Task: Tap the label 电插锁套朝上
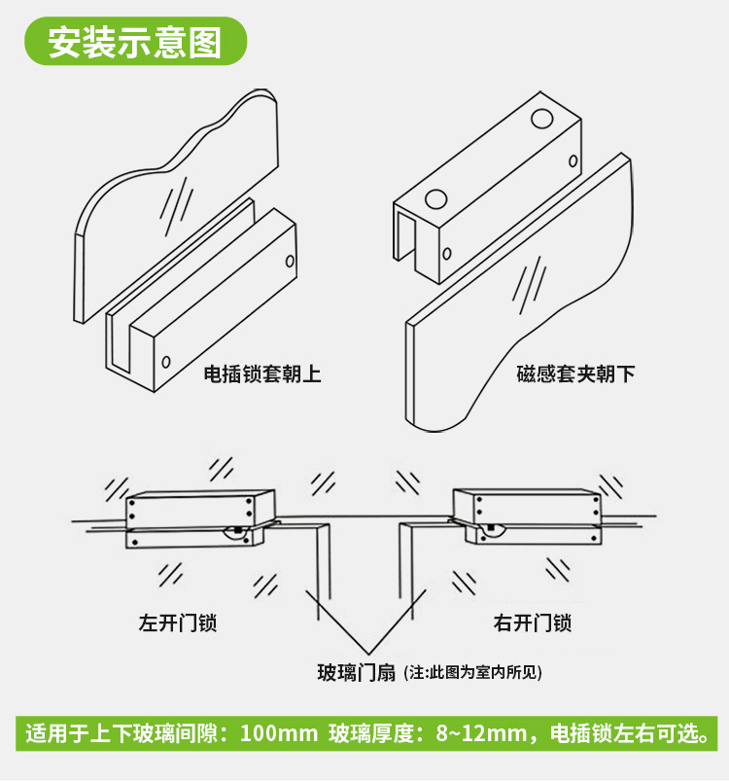tap(261, 373)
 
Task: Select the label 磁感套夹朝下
tap(575, 373)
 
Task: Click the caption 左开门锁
tap(177, 622)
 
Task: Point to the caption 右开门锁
tap(532, 622)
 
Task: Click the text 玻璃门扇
tap(357, 672)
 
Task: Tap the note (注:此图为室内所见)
tap(472, 672)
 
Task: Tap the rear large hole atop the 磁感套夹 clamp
tap(541, 121)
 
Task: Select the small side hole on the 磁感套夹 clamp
tap(447, 255)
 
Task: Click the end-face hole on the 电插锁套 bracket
tap(165, 362)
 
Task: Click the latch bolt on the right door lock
tap(493, 530)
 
